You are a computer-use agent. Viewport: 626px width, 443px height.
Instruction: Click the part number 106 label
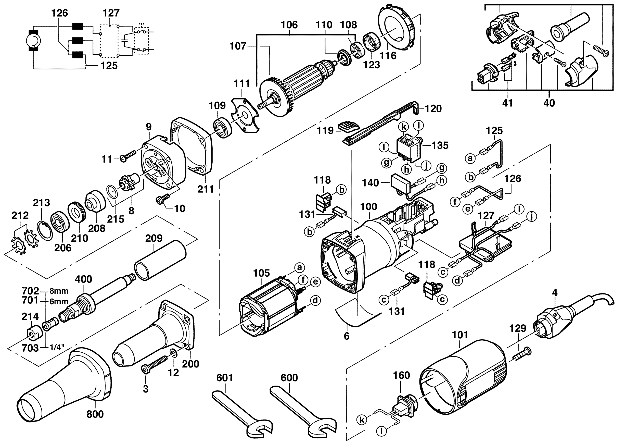tap(289, 25)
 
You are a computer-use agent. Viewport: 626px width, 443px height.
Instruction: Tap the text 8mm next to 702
tap(59, 291)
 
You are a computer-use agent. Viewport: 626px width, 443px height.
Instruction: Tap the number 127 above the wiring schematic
tap(111, 13)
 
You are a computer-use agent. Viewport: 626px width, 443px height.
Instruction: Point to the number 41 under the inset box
tap(507, 103)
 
